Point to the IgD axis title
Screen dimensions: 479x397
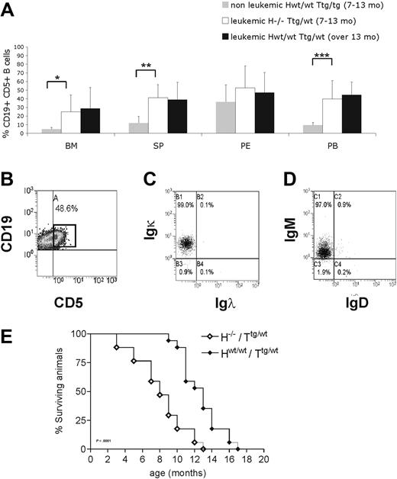coord(348,285)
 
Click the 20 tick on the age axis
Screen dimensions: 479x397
coord(263,458)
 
